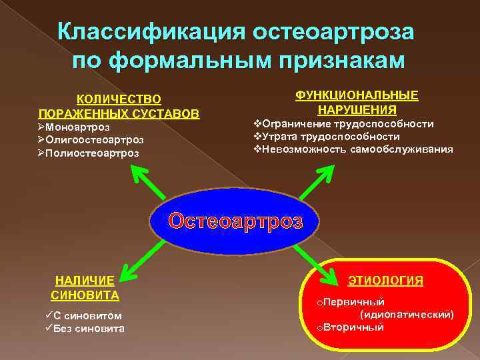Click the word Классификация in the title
pos(150,32)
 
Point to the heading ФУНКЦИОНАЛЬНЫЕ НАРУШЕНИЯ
pos(357,102)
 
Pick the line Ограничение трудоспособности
pos(347,124)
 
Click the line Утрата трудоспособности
pos(331,137)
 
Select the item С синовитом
pos(83,315)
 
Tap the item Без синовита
pos(84,328)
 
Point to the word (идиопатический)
pos(407,314)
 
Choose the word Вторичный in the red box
pos(350,327)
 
